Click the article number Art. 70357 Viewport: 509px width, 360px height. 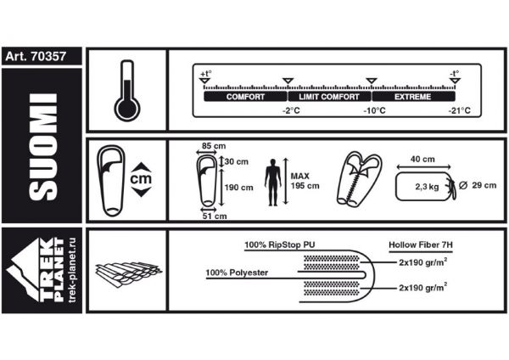(x=42, y=58)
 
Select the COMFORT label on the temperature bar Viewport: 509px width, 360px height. (x=245, y=97)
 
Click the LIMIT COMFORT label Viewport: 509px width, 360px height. (x=329, y=97)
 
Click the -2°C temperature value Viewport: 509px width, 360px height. (x=291, y=110)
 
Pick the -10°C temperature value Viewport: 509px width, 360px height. (x=373, y=110)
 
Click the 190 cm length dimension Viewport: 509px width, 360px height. (x=239, y=187)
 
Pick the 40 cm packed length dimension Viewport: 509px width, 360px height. (x=422, y=160)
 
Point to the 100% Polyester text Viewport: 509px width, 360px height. (x=238, y=273)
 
